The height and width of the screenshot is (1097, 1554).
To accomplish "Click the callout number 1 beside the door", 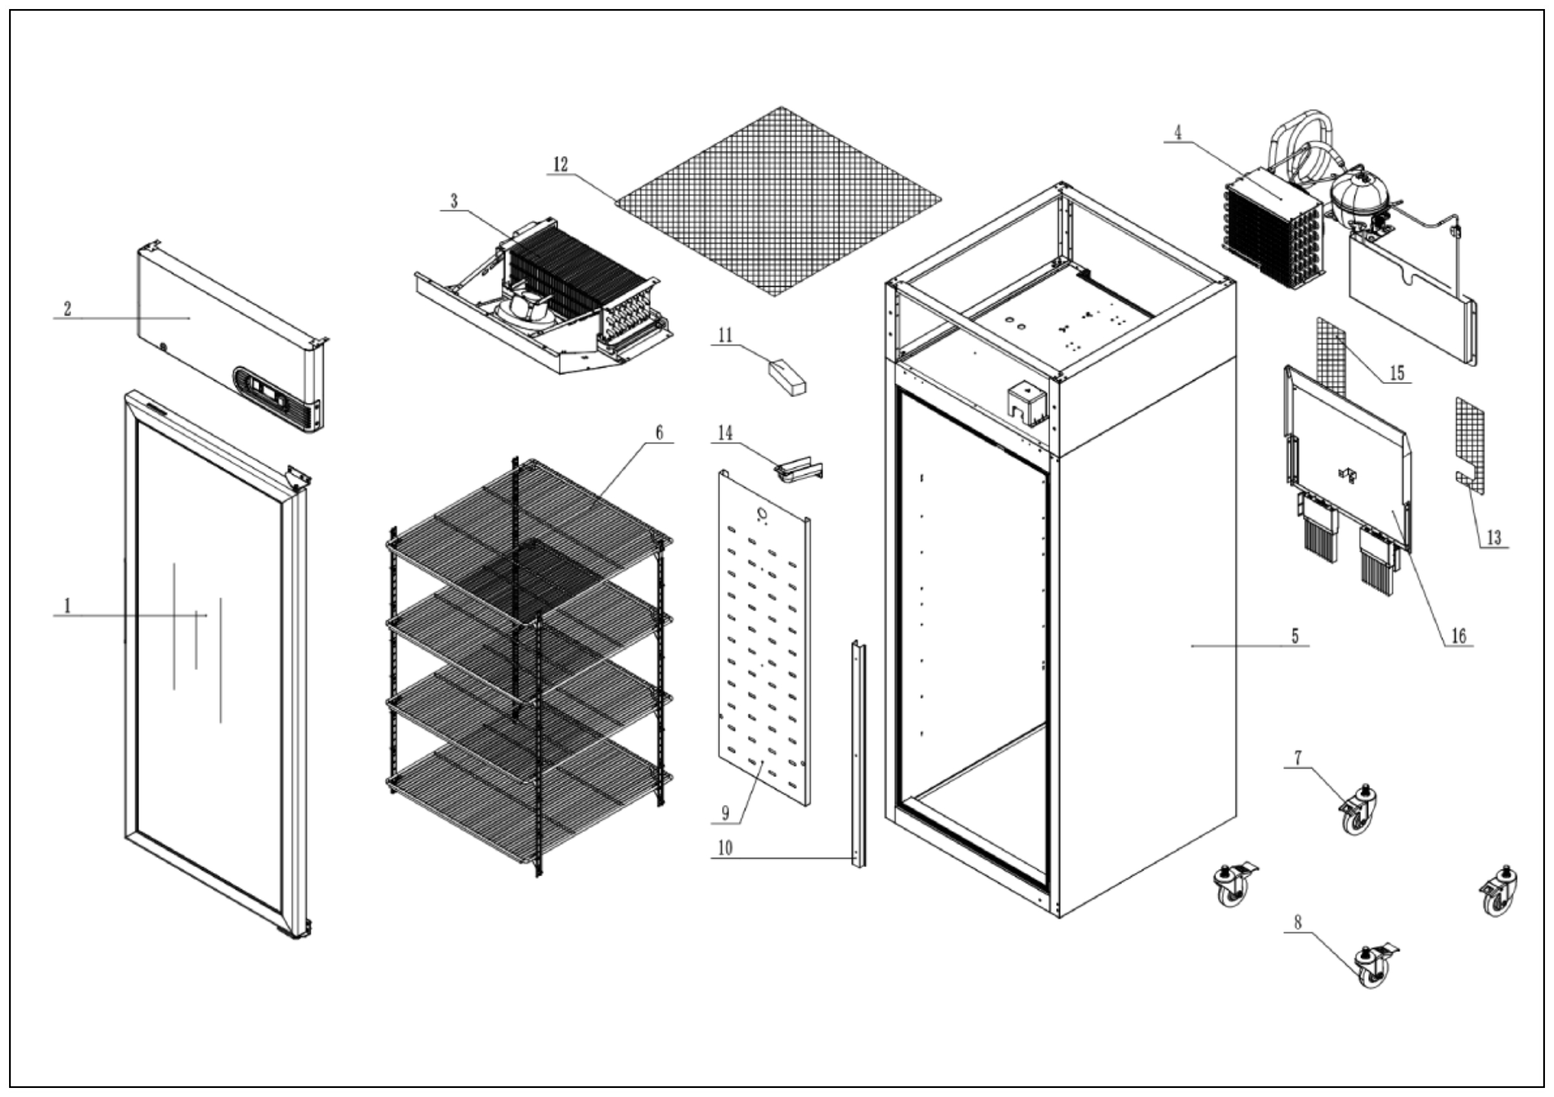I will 67,605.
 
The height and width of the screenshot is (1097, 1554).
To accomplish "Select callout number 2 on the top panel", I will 67,309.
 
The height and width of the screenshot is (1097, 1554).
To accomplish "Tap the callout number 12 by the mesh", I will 561,164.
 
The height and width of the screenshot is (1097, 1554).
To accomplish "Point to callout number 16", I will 1459,635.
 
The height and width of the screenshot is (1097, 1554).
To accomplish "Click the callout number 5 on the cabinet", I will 1295,635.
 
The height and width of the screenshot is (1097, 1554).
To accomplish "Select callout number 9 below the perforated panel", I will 726,813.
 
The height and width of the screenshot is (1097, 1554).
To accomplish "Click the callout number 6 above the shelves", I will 659,432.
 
